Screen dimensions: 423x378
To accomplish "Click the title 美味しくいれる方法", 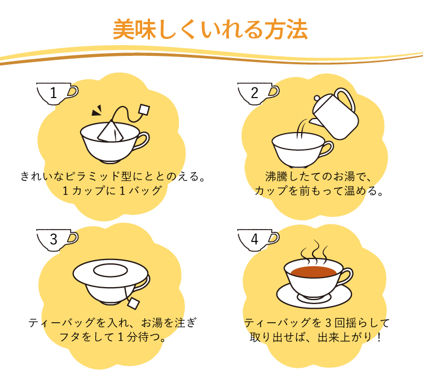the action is pos(210,29).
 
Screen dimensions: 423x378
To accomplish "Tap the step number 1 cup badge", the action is pos(57,93).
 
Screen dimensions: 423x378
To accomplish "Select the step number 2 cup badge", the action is pos(258,93).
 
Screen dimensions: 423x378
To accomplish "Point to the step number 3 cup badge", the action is pos(57,240).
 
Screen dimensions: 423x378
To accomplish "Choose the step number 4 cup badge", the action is pos(258,240).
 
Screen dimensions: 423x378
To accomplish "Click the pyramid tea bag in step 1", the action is pos(111,131).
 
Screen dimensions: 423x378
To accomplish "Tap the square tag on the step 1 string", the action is pos(144,110).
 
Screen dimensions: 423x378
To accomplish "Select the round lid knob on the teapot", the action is pos(317,98).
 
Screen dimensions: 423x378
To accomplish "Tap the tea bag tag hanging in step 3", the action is pos(133,304).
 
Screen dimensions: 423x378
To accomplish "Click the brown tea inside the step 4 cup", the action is pos(314,272).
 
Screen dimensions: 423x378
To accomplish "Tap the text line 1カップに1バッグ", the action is pos(112,191).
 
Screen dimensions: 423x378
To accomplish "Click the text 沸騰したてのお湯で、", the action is pos(319,177).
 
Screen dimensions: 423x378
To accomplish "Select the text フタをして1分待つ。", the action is pos(112,337).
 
